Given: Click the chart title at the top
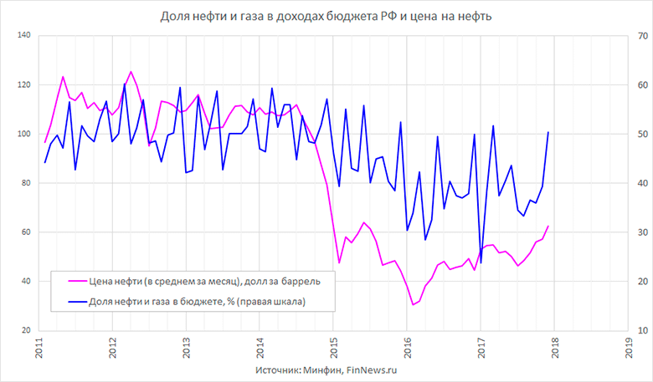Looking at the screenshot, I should pyautogui.click(x=327, y=15).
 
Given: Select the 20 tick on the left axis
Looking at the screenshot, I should pyautogui.click(x=25, y=331).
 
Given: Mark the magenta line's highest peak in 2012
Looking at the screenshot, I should pyautogui.click(x=131, y=72).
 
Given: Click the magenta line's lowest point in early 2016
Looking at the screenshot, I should pyautogui.click(x=413, y=305).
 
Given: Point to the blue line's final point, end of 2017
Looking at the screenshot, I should pyautogui.click(x=548, y=132).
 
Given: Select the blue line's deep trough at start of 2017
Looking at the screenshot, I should pyautogui.click(x=481, y=263).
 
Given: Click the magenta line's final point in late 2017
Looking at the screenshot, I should pyautogui.click(x=548, y=226).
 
